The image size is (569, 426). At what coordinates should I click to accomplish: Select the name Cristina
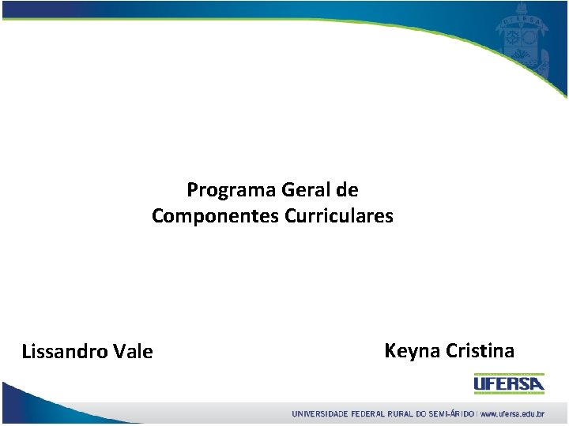pyautogui.click(x=480, y=351)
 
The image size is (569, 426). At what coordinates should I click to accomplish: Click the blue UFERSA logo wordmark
pyautogui.click(x=509, y=384)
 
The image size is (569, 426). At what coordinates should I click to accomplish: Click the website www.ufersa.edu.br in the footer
pyautogui.click(x=513, y=413)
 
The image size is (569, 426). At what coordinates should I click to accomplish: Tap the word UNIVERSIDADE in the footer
pyautogui.click(x=320, y=413)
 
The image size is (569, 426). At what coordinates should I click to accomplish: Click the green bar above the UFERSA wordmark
pyautogui.click(x=509, y=374)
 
